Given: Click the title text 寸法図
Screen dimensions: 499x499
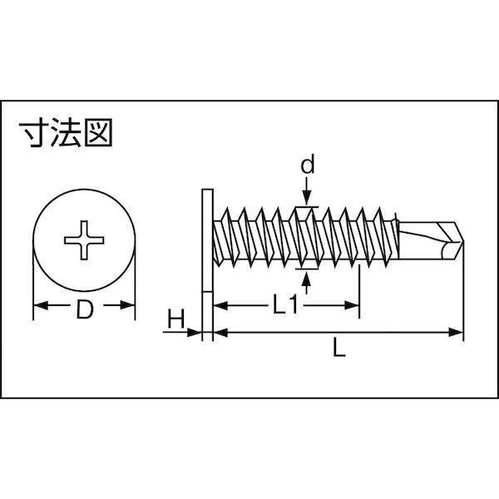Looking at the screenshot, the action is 66,132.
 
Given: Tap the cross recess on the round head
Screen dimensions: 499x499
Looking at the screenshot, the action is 84,240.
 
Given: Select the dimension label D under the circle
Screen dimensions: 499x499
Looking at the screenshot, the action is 85,309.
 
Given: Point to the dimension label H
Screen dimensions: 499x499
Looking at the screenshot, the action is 176,319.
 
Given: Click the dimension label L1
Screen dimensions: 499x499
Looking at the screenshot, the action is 285,304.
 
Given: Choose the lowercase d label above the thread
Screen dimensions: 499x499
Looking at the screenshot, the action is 308,164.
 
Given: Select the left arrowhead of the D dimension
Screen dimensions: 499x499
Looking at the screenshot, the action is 41,305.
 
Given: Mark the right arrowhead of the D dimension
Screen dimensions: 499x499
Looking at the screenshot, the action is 127,305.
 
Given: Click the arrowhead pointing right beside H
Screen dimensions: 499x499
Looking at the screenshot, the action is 194,333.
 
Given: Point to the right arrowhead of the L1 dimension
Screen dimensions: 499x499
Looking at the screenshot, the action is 352,305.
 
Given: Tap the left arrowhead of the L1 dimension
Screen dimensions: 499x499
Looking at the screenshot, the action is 220,305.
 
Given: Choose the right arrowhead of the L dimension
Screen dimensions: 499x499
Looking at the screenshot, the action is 456,333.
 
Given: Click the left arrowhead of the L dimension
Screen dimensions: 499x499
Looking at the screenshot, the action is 220,333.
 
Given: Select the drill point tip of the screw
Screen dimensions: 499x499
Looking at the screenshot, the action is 463,241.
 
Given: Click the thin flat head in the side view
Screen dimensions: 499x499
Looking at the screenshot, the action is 207,240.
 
